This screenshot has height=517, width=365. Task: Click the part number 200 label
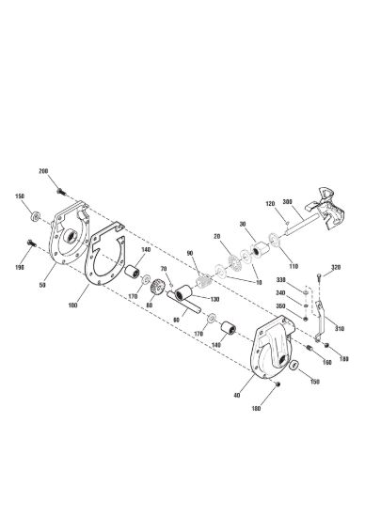click(x=43, y=171)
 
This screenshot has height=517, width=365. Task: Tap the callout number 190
click(x=20, y=267)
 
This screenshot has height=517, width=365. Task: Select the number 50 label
click(x=42, y=285)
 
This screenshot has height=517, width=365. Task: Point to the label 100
click(x=73, y=305)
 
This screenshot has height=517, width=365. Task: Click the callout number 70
click(x=164, y=269)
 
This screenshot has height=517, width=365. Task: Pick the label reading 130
click(x=214, y=299)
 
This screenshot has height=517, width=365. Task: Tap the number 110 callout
click(x=294, y=266)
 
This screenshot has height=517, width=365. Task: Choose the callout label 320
click(x=336, y=267)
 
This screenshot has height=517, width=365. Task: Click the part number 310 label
click(x=340, y=329)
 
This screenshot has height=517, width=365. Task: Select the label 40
click(x=236, y=396)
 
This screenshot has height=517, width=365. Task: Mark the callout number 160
click(x=326, y=362)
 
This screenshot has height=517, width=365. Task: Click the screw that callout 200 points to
click(x=60, y=191)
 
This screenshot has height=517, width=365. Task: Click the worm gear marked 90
click(x=203, y=281)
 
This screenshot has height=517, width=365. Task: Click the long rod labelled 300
click(x=302, y=226)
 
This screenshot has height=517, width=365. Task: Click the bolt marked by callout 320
click(x=319, y=278)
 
